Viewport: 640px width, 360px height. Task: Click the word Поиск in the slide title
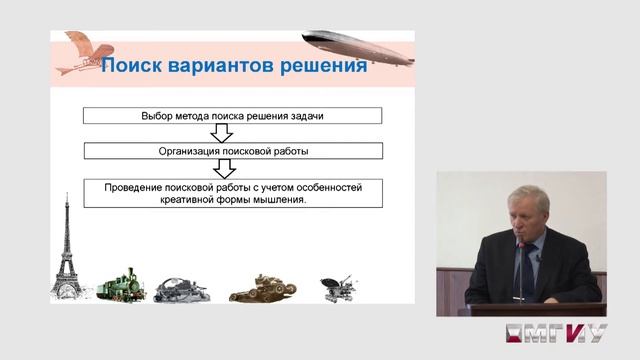click(x=133, y=67)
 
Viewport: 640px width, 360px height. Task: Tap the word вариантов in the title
click(x=221, y=67)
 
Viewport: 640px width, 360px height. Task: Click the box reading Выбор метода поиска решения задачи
click(x=232, y=116)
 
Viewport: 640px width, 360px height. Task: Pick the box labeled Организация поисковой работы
click(x=232, y=151)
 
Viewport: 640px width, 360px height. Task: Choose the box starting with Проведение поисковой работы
click(x=232, y=192)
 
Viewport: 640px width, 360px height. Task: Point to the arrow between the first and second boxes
click(x=232, y=133)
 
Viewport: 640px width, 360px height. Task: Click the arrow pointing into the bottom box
click(x=232, y=169)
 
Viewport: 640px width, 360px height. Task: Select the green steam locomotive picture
click(x=117, y=282)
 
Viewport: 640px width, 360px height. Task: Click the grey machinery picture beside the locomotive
click(x=184, y=287)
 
